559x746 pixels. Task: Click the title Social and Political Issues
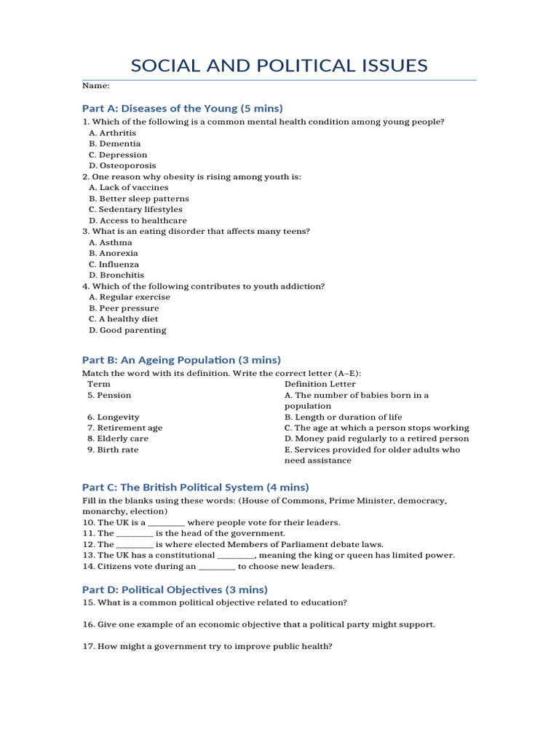pyautogui.click(x=279, y=66)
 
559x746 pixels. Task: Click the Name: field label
pyautogui.click(x=95, y=86)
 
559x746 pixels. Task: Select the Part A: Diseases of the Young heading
pyautogui.click(x=182, y=108)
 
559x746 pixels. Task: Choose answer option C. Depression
pyautogui.click(x=118, y=154)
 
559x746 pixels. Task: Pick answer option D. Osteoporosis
pyautogui.click(x=122, y=165)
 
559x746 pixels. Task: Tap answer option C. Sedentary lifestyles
pyautogui.click(x=135, y=209)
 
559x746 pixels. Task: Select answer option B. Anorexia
pyautogui.click(x=114, y=253)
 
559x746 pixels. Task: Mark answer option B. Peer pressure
pyautogui.click(x=124, y=307)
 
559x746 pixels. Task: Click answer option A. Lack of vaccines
pyautogui.click(x=128, y=187)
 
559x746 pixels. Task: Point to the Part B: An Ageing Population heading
pyautogui.click(x=181, y=360)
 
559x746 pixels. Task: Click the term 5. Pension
pyautogui.click(x=109, y=395)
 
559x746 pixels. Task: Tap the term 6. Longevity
pyautogui.click(x=114, y=417)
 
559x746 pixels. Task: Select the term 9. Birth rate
pyautogui.click(x=113, y=449)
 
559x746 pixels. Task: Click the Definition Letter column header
pyautogui.click(x=320, y=384)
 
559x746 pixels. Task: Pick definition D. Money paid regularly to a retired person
pyautogui.click(x=376, y=439)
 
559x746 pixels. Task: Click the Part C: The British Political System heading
pyautogui.click(x=195, y=487)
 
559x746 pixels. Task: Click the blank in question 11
pyautogui.click(x=135, y=533)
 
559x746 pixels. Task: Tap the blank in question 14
pyautogui.click(x=217, y=566)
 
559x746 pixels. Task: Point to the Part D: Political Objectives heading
pyautogui.click(x=175, y=589)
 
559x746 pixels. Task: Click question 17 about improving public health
pyautogui.click(x=207, y=646)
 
